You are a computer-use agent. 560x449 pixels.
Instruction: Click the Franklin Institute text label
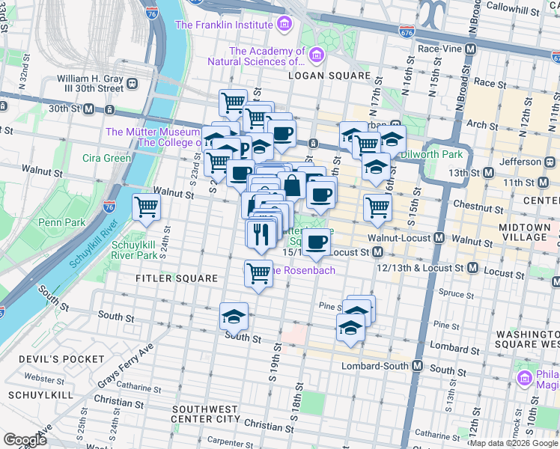click(223, 25)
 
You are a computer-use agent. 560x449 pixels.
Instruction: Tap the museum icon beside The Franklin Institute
click(283, 25)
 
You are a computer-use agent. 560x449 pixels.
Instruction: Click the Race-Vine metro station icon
click(471, 49)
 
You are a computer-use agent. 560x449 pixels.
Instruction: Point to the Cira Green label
click(107, 158)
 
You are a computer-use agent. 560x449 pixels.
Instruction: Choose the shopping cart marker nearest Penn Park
click(146, 206)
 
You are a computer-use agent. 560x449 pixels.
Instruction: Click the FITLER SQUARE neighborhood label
click(177, 278)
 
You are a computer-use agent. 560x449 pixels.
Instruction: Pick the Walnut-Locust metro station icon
click(439, 238)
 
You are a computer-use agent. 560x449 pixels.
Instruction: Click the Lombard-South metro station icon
click(418, 366)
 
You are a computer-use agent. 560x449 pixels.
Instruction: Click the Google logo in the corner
click(25, 440)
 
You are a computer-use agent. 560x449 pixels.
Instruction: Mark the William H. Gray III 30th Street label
click(90, 82)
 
